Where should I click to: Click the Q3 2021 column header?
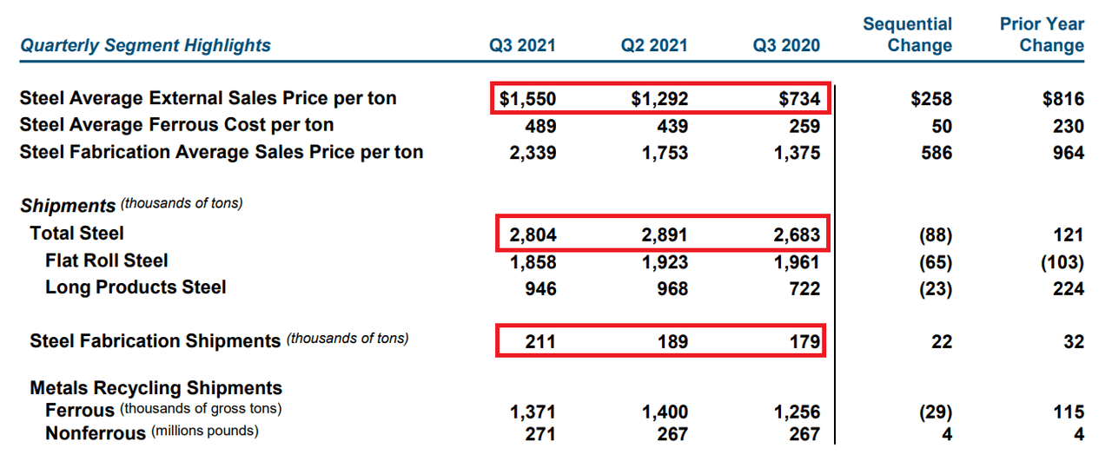[x=522, y=46]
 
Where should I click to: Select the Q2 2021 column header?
[x=654, y=46]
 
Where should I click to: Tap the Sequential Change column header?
[x=908, y=35]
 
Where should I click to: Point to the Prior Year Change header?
[x=1042, y=35]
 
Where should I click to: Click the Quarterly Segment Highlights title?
[x=145, y=46]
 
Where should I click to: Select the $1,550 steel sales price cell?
[x=528, y=99]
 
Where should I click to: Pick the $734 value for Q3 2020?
[x=798, y=99]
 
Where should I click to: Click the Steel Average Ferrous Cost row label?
[x=176, y=125]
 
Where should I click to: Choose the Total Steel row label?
[x=76, y=233]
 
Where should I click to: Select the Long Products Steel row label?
[x=136, y=287]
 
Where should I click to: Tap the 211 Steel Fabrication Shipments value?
[x=539, y=342]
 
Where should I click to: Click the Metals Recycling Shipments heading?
[x=156, y=388]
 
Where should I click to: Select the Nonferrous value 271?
[x=539, y=432]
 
